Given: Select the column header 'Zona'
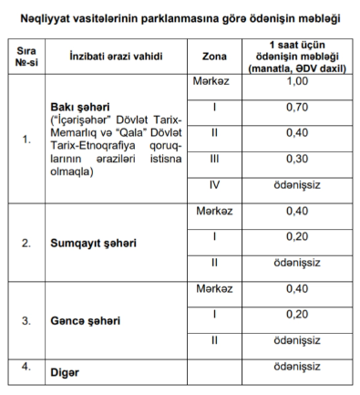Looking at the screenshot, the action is (213, 57).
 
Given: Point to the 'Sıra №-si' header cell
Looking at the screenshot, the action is (26, 57).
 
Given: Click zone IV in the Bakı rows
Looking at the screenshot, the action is (213, 184).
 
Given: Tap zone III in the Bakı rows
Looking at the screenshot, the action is (213, 159).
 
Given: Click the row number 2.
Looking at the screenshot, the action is (26, 244).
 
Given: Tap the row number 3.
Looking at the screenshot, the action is (26, 321).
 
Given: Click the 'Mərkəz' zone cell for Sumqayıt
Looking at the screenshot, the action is (213, 211).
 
